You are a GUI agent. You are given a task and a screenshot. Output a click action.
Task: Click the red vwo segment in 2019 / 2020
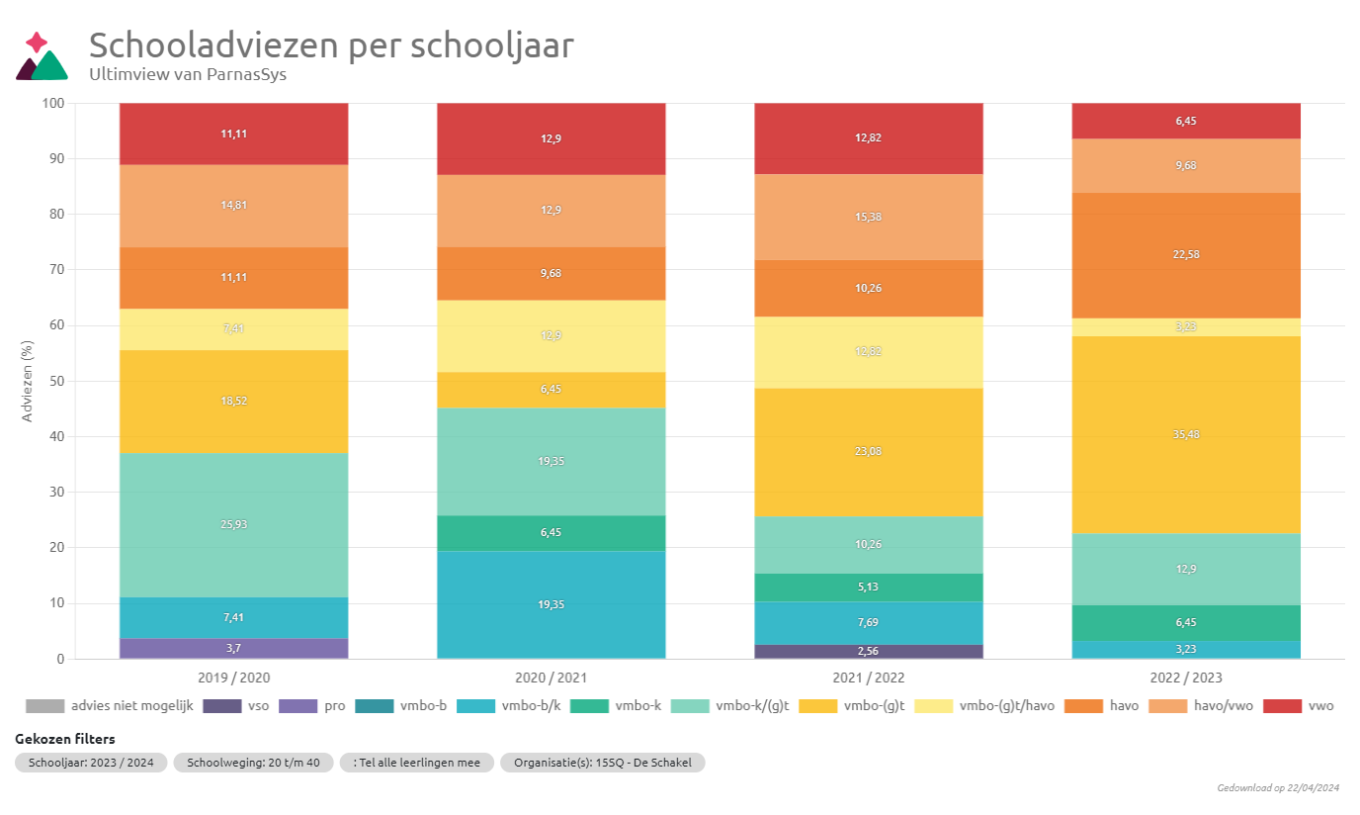pyautogui.click(x=233, y=134)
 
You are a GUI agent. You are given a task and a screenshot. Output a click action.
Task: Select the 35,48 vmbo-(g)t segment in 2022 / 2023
pyautogui.click(x=1186, y=435)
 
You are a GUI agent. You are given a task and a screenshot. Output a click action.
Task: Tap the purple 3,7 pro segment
pyautogui.click(x=233, y=648)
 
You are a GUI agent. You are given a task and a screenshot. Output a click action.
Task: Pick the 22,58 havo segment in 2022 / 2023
pyautogui.click(x=1186, y=255)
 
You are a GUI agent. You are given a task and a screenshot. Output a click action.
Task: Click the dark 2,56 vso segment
pyautogui.click(x=869, y=651)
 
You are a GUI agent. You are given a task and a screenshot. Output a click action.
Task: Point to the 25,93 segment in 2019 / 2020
pyautogui.click(x=233, y=524)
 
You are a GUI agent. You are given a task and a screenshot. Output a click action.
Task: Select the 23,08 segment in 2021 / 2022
pyautogui.click(x=869, y=452)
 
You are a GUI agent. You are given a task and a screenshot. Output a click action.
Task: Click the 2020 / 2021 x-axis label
pyautogui.click(x=551, y=678)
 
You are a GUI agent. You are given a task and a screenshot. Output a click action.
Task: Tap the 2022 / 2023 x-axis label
pyautogui.click(x=1186, y=678)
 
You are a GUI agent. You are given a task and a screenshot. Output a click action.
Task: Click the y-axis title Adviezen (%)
pyautogui.click(x=28, y=381)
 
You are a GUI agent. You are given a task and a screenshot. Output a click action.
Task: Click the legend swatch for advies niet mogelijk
pyautogui.click(x=44, y=706)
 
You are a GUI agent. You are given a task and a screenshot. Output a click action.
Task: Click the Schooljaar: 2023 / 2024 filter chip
pyautogui.click(x=91, y=763)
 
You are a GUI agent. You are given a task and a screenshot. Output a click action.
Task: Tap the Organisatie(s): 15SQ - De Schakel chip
pyautogui.click(x=602, y=763)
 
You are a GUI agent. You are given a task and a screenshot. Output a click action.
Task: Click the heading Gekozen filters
pyautogui.click(x=65, y=739)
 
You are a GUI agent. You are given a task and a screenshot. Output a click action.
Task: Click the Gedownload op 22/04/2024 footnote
pyautogui.click(x=1278, y=788)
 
